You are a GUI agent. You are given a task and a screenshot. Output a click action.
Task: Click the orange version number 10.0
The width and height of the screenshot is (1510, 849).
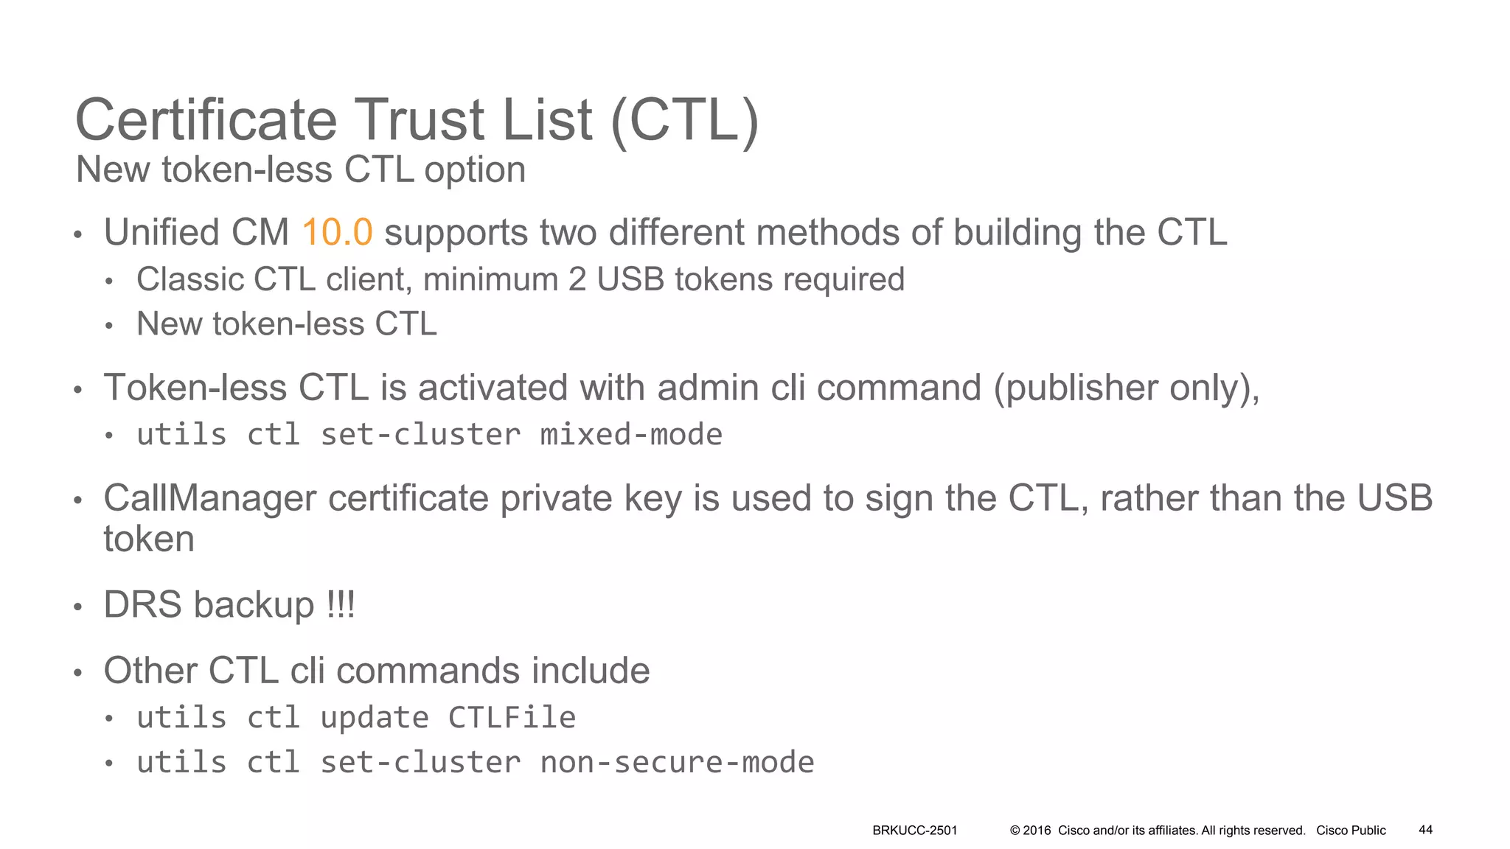click(x=337, y=232)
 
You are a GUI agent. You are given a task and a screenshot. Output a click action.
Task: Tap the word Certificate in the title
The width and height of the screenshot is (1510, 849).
click(x=206, y=120)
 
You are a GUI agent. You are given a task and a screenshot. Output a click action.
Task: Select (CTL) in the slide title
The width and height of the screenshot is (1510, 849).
click(x=684, y=120)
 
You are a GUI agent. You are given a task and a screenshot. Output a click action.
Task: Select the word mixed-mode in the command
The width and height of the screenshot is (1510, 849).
click(x=631, y=435)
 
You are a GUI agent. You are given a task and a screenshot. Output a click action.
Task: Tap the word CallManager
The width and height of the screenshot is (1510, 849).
click(x=211, y=498)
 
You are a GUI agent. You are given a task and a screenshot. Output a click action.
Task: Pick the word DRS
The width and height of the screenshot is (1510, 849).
click(x=143, y=605)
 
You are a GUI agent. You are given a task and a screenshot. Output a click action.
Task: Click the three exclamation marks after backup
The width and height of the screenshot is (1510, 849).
click(x=341, y=605)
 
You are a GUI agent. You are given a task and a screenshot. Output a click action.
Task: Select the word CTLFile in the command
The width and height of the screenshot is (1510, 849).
click(x=512, y=718)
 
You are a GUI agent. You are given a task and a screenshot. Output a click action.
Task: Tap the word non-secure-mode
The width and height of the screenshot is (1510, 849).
click(x=677, y=763)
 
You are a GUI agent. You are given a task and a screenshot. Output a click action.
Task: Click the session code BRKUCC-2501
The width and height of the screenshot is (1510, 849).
click(x=914, y=831)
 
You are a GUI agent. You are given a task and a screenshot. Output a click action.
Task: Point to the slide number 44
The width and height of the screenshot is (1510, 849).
click(x=1425, y=830)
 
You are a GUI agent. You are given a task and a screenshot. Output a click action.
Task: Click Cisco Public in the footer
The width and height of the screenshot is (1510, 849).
click(x=1351, y=831)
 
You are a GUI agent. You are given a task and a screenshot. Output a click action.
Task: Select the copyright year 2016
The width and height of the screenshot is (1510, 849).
click(x=1037, y=831)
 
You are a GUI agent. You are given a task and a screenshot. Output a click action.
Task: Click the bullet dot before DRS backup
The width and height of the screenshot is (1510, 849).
click(x=77, y=607)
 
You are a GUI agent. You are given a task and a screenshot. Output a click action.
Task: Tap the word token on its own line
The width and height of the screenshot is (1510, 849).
click(x=149, y=539)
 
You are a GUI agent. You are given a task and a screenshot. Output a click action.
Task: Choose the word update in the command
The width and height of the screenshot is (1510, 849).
click(x=374, y=718)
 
